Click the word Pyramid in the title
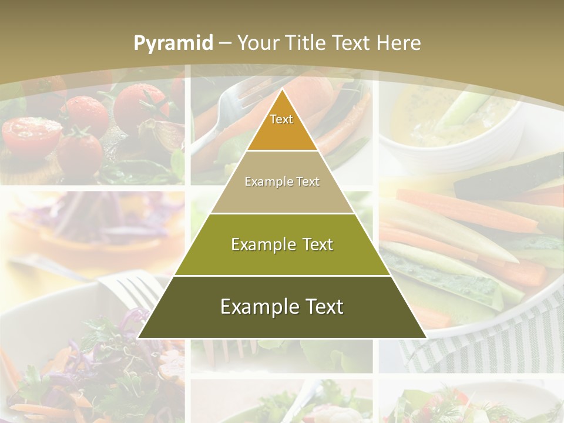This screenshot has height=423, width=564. (x=173, y=43)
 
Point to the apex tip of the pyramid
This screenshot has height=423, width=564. (x=282, y=90)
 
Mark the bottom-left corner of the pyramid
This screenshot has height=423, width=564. (x=139, y=337)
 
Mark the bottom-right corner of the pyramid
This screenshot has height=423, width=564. (x=425, y=337)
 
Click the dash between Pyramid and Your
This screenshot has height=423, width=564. (x=224, y=43)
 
